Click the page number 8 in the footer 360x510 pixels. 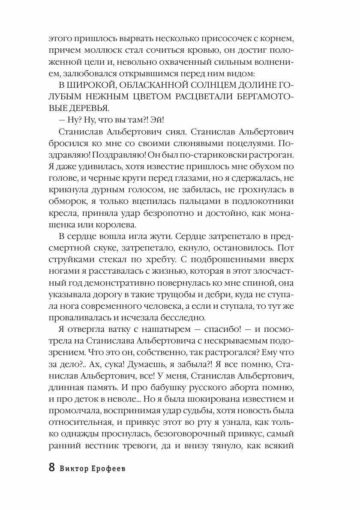tap(52, 467)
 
